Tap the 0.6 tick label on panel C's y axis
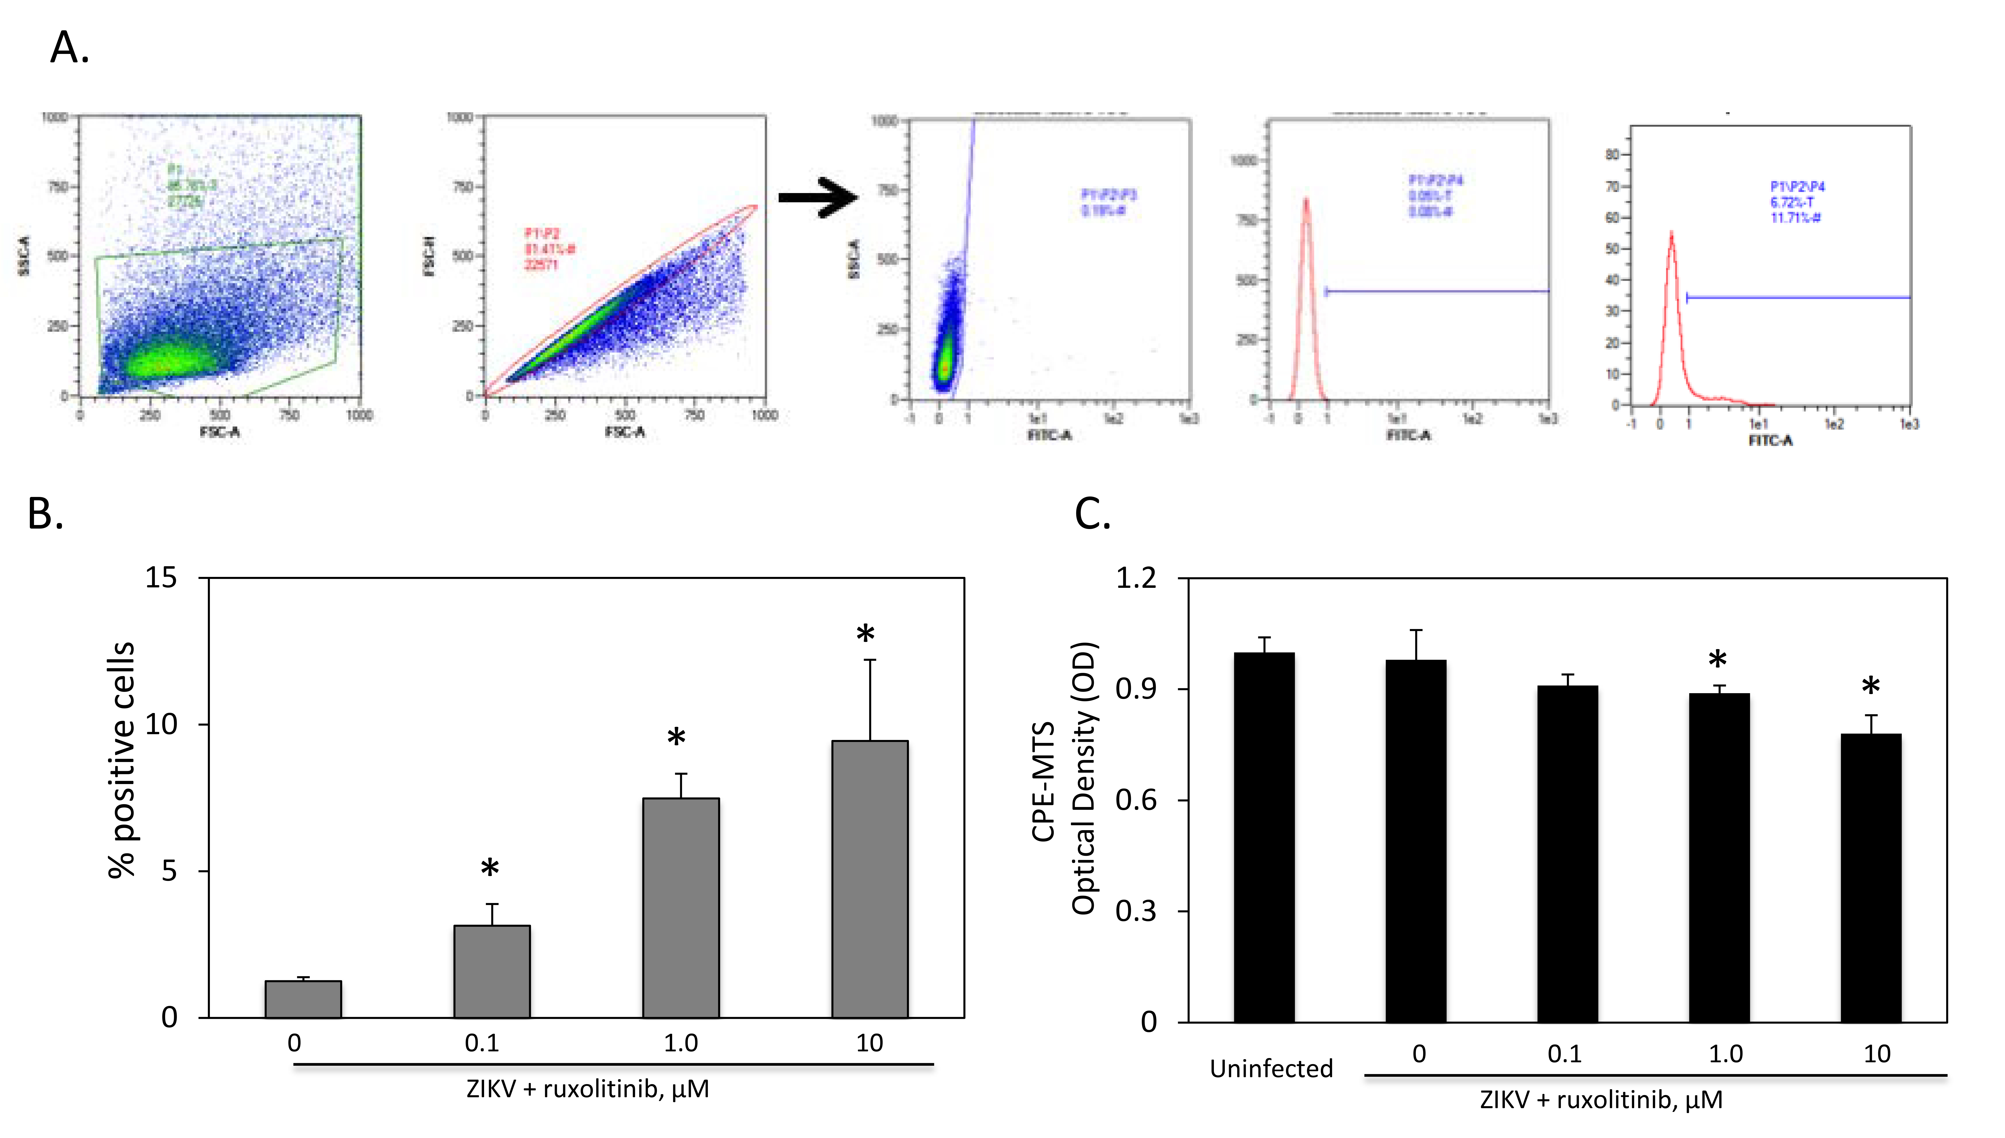(1136, 800)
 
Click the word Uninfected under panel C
(1271, 1069)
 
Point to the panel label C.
(1092, 514)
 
